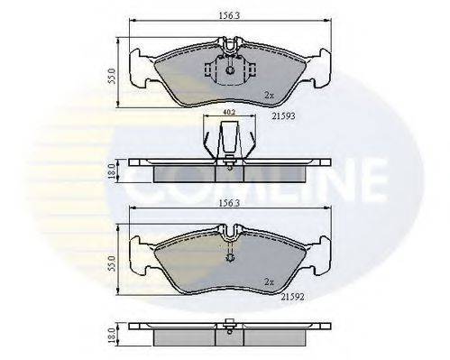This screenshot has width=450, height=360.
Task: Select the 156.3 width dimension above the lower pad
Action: (226, 206)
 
